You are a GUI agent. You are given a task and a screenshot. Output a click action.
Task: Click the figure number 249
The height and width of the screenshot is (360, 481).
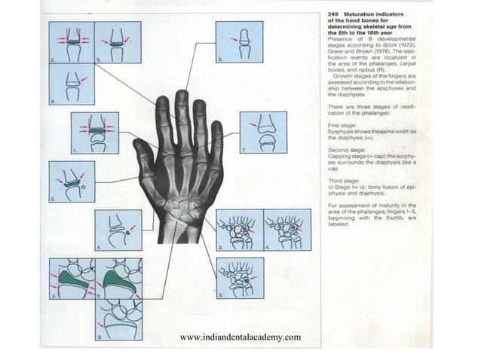coord(335,16)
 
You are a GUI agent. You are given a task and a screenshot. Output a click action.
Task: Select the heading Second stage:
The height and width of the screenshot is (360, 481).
coord(348,150)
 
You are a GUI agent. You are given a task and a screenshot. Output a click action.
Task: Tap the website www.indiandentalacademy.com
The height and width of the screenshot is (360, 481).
coord(241,336)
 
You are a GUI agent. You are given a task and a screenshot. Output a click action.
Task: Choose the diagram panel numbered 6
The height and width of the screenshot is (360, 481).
coord(239,41)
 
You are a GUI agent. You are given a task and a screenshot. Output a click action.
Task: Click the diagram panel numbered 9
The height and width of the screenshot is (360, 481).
coord(118,319)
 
